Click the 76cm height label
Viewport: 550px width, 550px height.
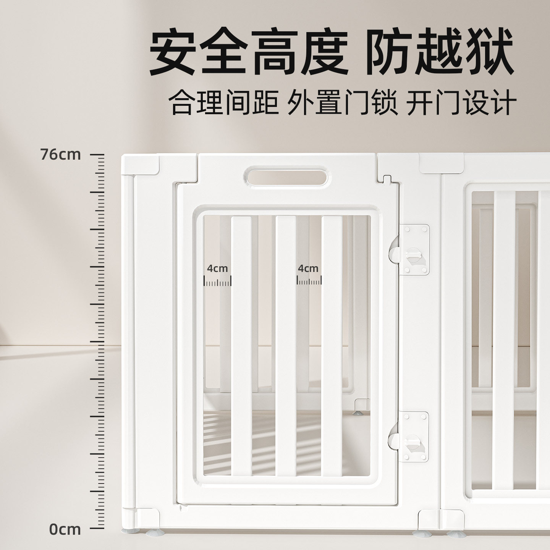(x=61, y=155)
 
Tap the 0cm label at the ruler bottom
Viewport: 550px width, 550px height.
(x=65, y=529)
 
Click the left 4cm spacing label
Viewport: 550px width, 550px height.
(x=217, y=269)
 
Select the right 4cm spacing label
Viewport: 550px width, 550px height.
(x=308, y=269)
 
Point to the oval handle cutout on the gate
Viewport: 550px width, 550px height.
(x=286, y=176)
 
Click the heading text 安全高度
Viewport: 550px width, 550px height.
(x=248, y=52)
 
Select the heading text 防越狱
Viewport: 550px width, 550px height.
(x=440, y=52)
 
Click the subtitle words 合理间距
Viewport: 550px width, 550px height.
(x=224, y=102)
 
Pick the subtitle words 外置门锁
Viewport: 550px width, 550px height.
(x=342, y=102)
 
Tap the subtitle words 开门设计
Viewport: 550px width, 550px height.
(x=461, y=102)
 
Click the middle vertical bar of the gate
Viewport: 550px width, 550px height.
(x=286, y=344)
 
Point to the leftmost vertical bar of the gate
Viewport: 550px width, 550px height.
(x=241, y=344)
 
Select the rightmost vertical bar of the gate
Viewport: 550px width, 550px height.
(x=332, y=344)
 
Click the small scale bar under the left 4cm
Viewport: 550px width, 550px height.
(x=217, y=282)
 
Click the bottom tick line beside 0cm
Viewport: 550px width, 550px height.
(x=97, y=529)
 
